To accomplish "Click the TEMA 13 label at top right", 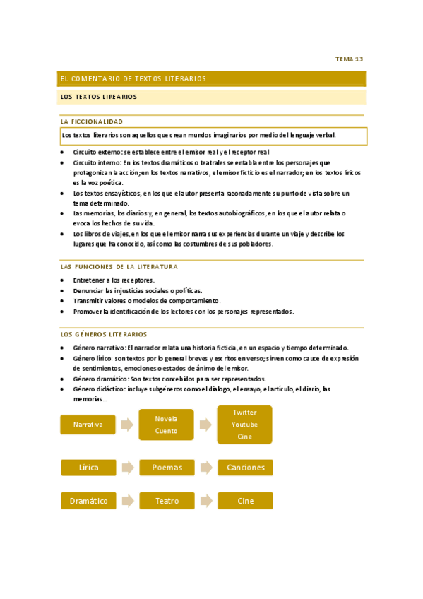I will (x=349, y=59).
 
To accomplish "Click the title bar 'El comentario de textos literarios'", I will (x=133, y=78).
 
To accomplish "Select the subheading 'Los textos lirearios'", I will (x=99, y=97).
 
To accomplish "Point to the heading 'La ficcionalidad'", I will (x=92, y=121).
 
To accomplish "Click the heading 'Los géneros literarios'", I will (x=104, y=334).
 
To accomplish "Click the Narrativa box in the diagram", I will (x=88, y=425).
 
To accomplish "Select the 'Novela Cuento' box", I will (x=167, y=425).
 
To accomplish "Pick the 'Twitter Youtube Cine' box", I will (x=244, y=425).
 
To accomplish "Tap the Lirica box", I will (x=88, y=467).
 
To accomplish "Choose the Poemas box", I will (x=167, y=467).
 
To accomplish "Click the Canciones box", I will (x=244, y=467).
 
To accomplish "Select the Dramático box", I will (x=88, y=501).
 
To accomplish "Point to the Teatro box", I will (x=167, y=501).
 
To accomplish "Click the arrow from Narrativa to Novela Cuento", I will (x=127, y=425).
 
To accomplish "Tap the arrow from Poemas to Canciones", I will (x=205, y=467).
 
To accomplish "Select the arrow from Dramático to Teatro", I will (x=127, y=501).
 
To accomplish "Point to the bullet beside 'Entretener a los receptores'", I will (x=64, y=280).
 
